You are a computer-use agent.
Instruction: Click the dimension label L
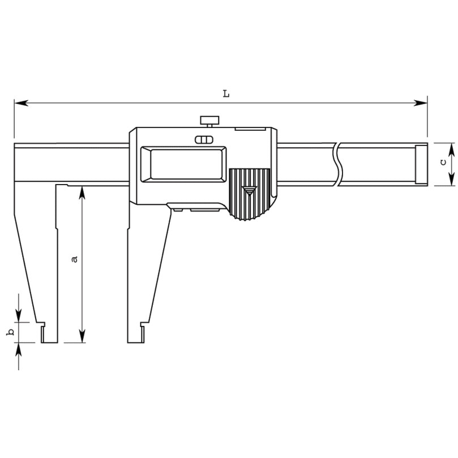(226, 94)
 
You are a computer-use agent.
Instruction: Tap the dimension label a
(75, 259)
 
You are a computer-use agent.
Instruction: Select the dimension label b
(11, 332)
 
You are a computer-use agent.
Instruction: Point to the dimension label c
(443, 162)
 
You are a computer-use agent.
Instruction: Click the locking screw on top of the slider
(209, 121)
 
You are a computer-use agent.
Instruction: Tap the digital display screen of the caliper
(184, 164)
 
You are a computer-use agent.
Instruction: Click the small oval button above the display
(204, 140)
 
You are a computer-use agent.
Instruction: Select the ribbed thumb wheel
(249, 194)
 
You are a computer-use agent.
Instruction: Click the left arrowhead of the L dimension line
(22, 103)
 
